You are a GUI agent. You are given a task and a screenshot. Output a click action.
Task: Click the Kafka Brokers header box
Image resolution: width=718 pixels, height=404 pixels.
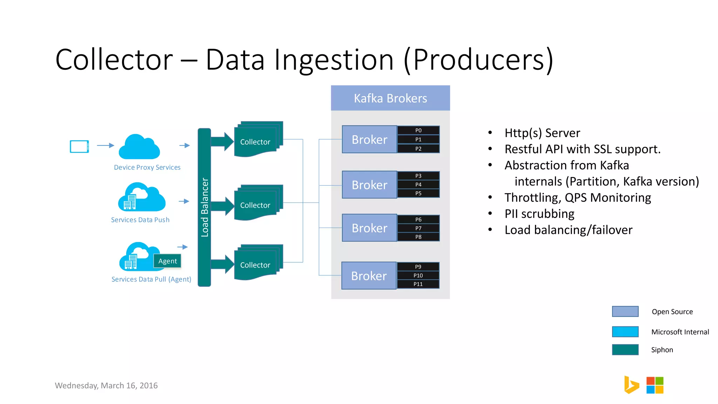[390, 98]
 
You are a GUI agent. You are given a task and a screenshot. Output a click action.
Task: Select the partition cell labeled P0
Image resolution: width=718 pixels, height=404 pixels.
[418, 130]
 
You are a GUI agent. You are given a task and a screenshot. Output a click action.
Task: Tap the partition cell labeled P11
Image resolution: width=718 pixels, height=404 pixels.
[418, 284]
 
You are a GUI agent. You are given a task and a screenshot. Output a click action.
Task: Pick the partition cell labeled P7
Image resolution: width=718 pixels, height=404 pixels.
[418, 228]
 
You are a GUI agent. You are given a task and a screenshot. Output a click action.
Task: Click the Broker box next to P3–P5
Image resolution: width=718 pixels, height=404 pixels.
[370, 185]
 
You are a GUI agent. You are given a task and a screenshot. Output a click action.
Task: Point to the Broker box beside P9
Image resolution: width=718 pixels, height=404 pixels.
[369, 276]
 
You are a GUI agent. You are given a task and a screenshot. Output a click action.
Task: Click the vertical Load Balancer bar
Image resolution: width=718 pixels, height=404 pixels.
[204, 207]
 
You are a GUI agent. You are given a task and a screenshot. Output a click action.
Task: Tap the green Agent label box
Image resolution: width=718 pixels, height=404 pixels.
[167, 261]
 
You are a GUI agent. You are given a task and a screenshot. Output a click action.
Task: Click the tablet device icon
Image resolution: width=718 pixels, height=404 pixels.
[79, 146]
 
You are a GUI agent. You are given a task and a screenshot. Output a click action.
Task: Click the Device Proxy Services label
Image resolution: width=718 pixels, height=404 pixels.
[147, 167]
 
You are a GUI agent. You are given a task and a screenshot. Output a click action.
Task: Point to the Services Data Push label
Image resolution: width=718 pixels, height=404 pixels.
[140, 220]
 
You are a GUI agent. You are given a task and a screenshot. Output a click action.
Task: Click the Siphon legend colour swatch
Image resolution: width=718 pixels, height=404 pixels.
[625, 350]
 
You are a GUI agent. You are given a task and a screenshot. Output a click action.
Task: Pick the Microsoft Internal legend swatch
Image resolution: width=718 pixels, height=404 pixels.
[625, 332]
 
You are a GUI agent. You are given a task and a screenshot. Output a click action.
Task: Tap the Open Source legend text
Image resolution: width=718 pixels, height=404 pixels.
[672, 312]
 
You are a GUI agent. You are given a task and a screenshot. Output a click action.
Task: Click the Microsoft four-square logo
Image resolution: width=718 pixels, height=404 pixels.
[655, 385]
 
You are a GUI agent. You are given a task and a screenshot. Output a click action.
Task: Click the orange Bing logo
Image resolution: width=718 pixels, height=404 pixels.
[631, 385]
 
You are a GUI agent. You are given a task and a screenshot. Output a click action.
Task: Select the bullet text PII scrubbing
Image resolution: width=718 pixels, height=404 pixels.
[539, 214]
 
